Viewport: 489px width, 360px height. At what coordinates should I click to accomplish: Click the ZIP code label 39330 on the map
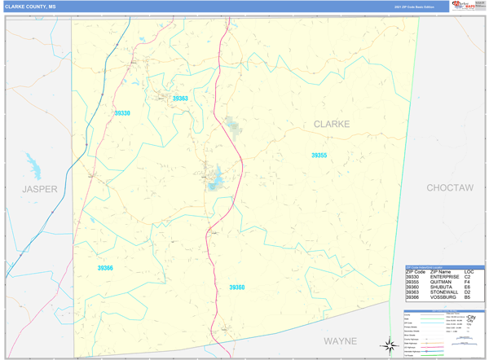click(122, 113)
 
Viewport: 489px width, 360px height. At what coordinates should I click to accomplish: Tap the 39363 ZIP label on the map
click(180, 99)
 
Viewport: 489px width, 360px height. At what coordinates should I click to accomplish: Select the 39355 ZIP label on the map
click(319, 156)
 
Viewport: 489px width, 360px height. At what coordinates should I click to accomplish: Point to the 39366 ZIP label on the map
click(105, 268)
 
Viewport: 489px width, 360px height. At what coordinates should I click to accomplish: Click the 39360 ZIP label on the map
click(236, 288)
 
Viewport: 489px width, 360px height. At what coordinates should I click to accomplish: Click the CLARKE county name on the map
click(332, 124)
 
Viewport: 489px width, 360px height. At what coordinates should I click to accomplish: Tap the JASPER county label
click(40, 188)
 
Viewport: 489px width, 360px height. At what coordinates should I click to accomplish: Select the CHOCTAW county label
click(450, 188)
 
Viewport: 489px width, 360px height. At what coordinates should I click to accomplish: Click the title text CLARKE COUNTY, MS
click(30, 6)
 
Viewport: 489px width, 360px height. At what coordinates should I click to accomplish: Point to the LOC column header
click(469, 271)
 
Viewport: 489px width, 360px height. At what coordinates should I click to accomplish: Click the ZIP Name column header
click(441, 271)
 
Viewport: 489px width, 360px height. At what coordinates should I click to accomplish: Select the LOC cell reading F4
click(467, 282)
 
